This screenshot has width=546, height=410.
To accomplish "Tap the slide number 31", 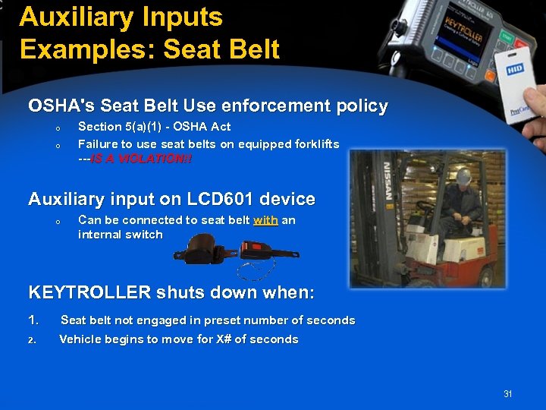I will point(507,394).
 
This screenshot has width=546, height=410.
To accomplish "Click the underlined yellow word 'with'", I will point(265,220).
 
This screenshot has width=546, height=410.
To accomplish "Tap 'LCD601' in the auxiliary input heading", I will point(216,199).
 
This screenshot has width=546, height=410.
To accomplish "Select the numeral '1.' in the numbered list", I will point(33,320).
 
